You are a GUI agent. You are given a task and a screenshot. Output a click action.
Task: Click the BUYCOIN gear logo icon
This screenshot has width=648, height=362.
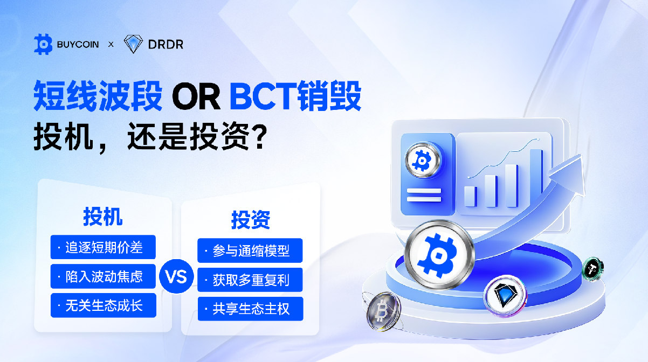(43, 44)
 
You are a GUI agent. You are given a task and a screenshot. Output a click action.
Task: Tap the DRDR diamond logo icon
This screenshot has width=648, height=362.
(133, 44)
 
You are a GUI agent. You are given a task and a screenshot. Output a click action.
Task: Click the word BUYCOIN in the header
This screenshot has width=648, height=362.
(78, 45)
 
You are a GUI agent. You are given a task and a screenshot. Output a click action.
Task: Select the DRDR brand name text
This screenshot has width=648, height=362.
(166, 45)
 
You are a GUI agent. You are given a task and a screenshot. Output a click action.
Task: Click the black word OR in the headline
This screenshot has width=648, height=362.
(196, 96)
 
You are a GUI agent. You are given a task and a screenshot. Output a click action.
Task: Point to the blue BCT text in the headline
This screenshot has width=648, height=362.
(263, 96)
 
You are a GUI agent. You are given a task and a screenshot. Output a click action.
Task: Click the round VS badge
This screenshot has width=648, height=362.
(176, 276)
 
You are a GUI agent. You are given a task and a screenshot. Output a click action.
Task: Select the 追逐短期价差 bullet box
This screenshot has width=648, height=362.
(103, 247)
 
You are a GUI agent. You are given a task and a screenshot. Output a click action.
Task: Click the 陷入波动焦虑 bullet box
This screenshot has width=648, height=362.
(103, 276)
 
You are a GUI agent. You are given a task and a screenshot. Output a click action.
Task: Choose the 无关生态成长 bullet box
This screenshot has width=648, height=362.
(104, 305)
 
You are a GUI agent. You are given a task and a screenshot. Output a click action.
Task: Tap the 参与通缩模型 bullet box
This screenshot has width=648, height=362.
(250, 250)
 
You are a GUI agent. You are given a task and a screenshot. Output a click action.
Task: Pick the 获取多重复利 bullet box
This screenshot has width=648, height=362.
(250, 280)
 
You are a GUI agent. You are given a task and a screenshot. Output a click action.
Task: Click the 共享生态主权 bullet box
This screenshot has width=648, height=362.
(251, 309)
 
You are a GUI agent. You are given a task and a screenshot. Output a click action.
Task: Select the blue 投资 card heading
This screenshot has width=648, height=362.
(251, 220)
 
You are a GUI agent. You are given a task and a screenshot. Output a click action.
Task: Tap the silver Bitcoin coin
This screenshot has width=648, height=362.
(383, 311)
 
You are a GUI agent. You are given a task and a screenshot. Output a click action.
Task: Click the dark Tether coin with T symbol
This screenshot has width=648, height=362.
(593, 269)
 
